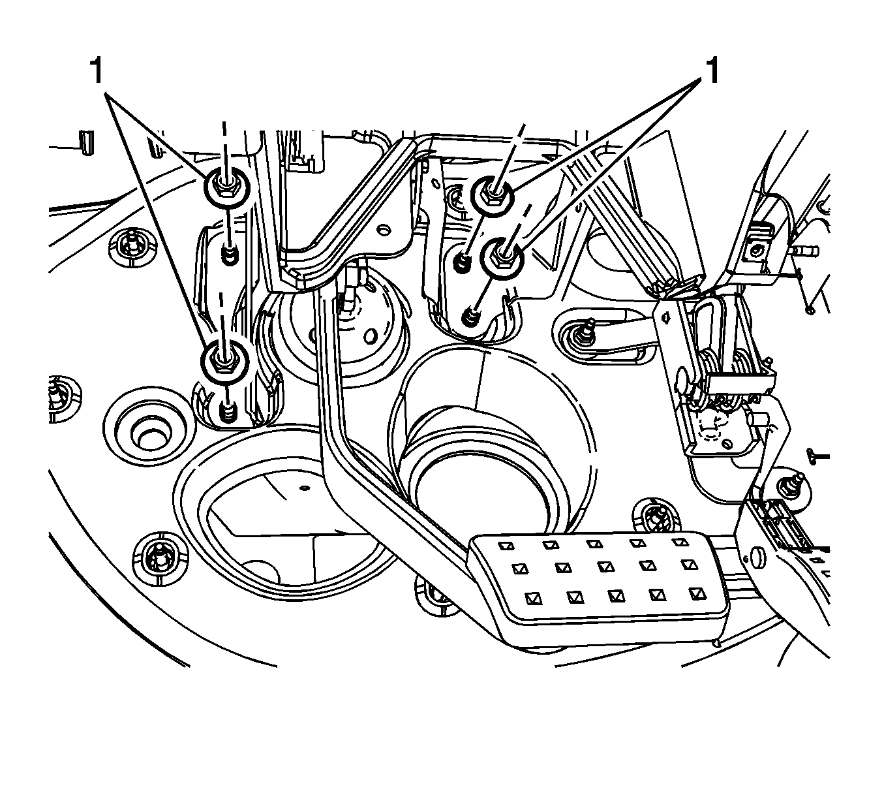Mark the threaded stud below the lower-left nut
[x=226, y=411]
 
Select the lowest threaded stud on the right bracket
[x=468, y=318]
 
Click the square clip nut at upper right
[x=757, y=250]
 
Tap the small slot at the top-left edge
[x=84, y=144]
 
